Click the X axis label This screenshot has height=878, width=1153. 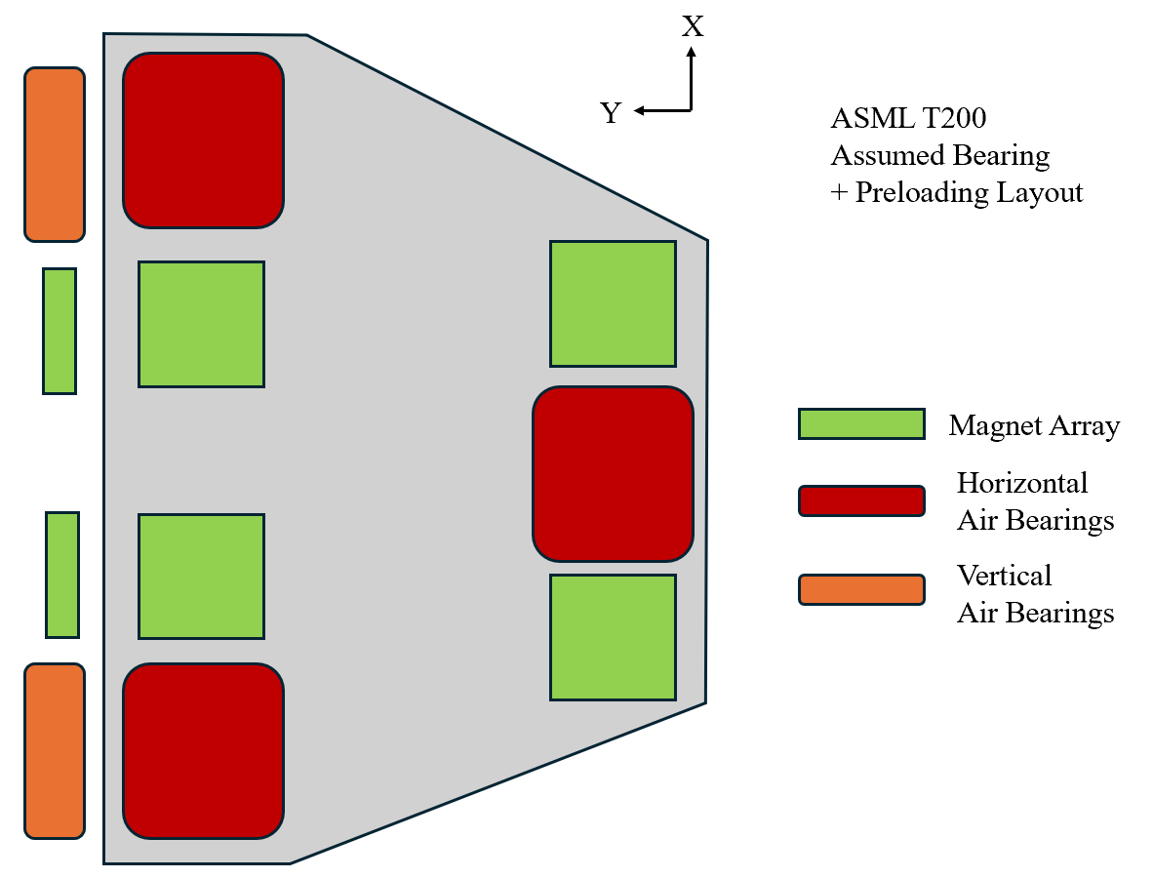(x=692, y=26)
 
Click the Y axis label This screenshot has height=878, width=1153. (x=611, y=113)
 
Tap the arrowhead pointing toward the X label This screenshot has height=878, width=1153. (x=692, y=53)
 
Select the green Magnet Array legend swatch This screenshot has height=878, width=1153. (x=861, y=423)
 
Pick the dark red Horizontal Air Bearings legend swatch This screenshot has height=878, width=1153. (x=861, y=500)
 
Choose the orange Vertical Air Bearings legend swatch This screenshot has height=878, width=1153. (x=861, y=589)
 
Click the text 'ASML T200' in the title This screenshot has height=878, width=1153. (x=908, y=119)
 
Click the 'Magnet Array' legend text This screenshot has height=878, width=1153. (x=1034, y=425)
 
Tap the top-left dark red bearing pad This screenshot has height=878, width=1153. (x=203, y=140)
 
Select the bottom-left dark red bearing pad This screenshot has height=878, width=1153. (x=203, y=750)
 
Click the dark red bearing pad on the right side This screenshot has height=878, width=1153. (x=613, y=474)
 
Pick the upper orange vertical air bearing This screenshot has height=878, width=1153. (x=55, y=154)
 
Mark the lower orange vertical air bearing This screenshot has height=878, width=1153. (x=55, y=750)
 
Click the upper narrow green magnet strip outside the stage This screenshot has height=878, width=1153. (x=60, y=331)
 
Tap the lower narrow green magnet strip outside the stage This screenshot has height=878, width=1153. (x=62, y=575)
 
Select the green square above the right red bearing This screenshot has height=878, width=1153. (x=613, y=303)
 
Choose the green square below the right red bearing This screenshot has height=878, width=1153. (x=613, y=637)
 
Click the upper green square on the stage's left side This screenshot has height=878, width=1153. (x=201, y=324)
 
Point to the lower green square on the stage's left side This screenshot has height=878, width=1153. (x=201, y=576)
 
